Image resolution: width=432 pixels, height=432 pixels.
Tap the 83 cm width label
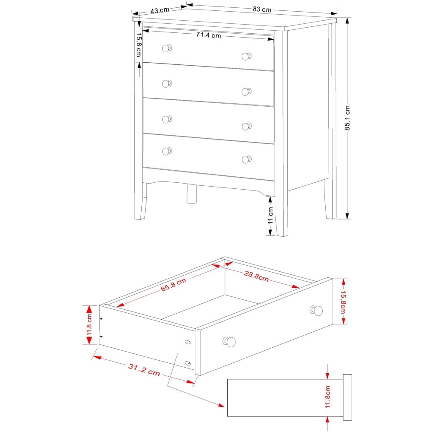(x=262, y=9)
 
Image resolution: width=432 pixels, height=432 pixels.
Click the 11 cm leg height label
(x=270, y=215)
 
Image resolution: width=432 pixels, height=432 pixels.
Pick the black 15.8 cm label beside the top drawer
(x=139, y=45)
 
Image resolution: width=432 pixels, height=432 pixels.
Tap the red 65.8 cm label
(x=173, y=285)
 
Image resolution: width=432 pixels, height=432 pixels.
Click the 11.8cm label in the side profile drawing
(x=327, y=397)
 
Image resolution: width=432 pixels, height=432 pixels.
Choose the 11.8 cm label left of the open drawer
(x=89, y=325)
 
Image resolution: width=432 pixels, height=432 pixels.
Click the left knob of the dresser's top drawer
(x=167, y=48)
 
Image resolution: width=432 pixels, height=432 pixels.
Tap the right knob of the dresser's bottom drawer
(x=246, y=159)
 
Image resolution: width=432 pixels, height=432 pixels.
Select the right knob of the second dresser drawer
(x=246, y=92)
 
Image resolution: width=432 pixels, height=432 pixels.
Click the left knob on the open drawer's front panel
(x=229, y=342)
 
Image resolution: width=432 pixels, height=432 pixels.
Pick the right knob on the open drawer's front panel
(x=317, y=310)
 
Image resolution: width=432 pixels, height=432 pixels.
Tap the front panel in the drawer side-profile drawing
(x=347, y=397)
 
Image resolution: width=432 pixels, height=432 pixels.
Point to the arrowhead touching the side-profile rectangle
(x=222, y=406)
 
